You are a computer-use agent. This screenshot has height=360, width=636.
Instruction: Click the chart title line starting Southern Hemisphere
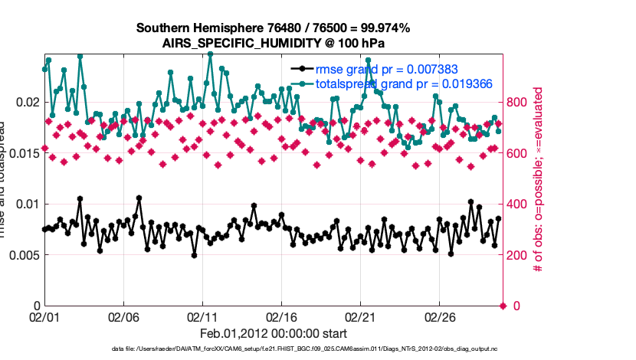coord(273,28)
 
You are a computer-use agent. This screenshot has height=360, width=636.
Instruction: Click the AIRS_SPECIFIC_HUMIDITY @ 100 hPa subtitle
coord(273,43)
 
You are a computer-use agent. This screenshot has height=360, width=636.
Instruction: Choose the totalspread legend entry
coord(403,83)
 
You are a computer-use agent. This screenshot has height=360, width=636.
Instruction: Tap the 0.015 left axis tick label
coord(21,153)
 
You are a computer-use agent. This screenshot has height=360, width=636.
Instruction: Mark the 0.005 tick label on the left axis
coord(21,255)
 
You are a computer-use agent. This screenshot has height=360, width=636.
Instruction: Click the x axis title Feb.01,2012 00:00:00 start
coord(273,334)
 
